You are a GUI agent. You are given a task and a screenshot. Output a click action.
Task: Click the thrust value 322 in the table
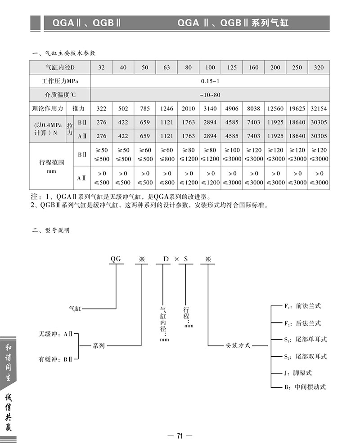(102, 108)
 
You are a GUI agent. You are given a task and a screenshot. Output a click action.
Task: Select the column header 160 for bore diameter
(253, 67)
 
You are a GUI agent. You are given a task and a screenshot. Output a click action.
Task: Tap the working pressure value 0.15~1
(210, 81)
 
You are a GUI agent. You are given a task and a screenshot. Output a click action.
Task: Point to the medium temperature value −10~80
(210, 95)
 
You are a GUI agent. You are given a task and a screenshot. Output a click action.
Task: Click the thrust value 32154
(318, 108)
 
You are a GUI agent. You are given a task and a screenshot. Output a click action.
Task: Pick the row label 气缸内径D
(60, 67)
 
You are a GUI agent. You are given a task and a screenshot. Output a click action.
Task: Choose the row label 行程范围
(51, 162)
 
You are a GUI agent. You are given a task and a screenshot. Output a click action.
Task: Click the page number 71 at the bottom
(180, 435)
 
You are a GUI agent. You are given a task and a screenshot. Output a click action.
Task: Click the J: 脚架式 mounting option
(298, 373)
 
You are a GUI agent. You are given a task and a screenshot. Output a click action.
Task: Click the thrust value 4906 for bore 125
(232, 108)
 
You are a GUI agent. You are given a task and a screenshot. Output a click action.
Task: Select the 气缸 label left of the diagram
(75, 309)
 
